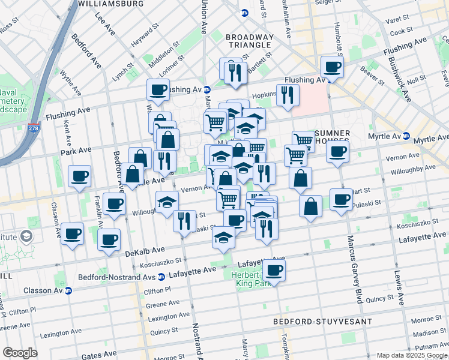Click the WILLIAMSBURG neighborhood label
pos(111,4)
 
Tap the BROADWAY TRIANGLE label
pos(250,42)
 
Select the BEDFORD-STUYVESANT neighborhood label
pos(322,322)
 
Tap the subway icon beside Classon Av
pos(68,290)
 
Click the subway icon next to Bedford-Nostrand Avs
pos(161,277)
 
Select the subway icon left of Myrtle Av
pos(406,136)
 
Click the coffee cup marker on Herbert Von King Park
pos(274,271)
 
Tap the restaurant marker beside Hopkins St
pos(289,94)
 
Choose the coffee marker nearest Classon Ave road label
pos(73,234)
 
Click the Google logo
pos(20,353)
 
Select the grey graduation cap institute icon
pos(26,236)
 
